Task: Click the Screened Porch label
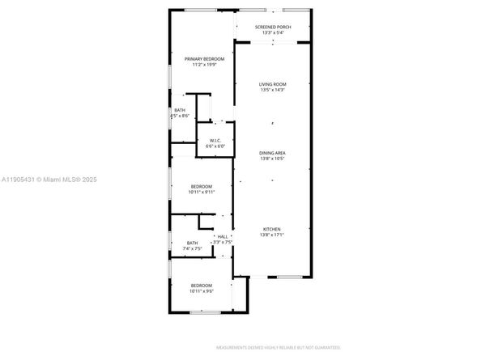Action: (x=272, y=27)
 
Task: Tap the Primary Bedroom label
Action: (x=204, y=59)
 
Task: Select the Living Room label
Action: (x=272, y=84)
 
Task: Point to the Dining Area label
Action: (x=272, y=153)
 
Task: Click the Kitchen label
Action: (x=271, y=229)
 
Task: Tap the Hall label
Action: (x=222, y=236)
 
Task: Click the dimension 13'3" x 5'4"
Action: (x=272, y=32)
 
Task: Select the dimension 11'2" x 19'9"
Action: (x=204, y=65)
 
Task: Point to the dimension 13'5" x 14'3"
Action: (x=272, y=90)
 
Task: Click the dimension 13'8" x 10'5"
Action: (x=272, y=159)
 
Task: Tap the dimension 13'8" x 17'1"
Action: (x=271, y=235)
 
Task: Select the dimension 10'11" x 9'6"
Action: (x=202, y=290)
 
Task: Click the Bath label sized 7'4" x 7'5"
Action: (x=192, y=243)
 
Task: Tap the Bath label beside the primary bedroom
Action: (x=179, y=111)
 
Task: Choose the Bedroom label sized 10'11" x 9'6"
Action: (x=202, y=285)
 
